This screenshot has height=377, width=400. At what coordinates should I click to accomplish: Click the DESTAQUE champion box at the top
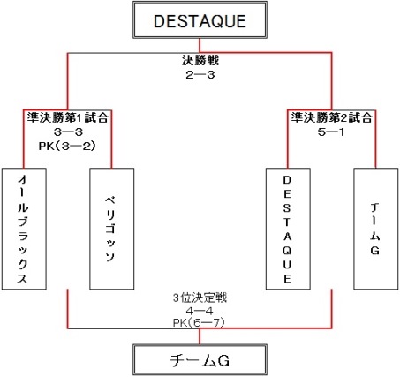(200, 19)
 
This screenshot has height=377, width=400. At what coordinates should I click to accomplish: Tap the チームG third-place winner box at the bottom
(200, 360)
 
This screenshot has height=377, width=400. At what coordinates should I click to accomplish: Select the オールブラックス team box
(24, 229)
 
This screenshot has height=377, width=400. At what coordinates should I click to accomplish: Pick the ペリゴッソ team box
(112, 229)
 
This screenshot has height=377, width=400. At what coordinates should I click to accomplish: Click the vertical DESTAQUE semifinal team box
(288, 229)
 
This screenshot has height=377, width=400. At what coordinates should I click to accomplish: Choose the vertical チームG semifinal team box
(375, 229)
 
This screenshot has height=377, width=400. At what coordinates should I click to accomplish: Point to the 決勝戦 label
(200, 60)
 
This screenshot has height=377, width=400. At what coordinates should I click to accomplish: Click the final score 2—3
(200, 75)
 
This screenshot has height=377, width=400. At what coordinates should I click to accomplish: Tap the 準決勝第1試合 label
(68, 117)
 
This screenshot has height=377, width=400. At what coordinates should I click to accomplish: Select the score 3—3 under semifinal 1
(68, 132)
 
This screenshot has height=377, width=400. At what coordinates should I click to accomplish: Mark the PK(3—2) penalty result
(67, 147)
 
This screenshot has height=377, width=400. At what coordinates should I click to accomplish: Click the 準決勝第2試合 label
(332, 117)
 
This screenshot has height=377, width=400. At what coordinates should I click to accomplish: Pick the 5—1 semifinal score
(331, 132)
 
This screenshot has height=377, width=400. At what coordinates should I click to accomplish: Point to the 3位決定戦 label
(200, 298)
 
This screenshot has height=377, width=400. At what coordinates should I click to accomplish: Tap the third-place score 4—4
(200, 311)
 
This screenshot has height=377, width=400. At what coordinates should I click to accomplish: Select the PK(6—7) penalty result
(199, 323)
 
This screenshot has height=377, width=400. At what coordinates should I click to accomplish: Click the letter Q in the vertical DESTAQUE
(287, 251)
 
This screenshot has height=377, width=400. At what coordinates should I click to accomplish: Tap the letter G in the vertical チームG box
(374, 251)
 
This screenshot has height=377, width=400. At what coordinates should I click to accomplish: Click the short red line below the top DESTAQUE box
(200, 46)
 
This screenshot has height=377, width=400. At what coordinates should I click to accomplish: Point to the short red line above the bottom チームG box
(200, 336)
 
